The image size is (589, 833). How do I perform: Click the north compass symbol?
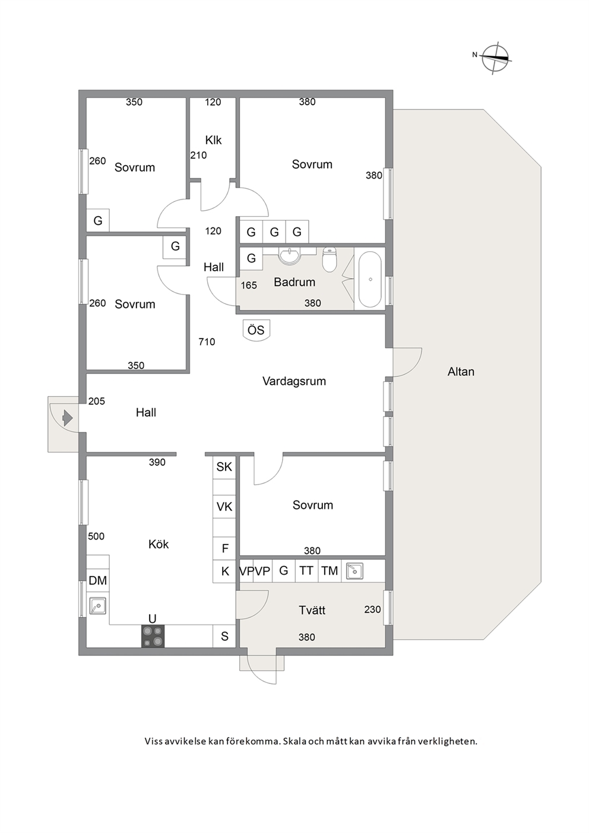[x=495, y=58]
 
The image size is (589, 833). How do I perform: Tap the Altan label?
[x=461, y=372]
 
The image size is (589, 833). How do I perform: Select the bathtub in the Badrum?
[x=370, y=279]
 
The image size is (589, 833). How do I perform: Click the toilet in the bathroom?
[x=329, y=259]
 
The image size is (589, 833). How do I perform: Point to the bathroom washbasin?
[x=289, y=256]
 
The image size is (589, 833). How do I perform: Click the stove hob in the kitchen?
[x=153, y=636]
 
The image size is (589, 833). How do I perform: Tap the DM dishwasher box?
[x=98, y=580]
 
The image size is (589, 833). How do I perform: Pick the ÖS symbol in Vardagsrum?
[x=256, y=330]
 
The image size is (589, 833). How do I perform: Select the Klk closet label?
[x=213, y=140]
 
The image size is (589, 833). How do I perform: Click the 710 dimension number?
[x=207, y=342]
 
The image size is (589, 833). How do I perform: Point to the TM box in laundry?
[x=330, y=571]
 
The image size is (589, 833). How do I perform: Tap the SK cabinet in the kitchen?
[x=224, y=467]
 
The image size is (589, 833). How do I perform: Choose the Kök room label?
[x=159, y=544]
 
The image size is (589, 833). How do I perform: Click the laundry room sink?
[x=354, y=571]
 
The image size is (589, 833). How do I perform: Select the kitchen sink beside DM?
[x=98, y=606]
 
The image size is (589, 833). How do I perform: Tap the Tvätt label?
[x=312, y=610]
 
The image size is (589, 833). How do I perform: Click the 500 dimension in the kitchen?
[x=96, y=536]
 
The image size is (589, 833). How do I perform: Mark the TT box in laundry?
[x=306, y=571]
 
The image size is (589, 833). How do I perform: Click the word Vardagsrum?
[x=294, y=381]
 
